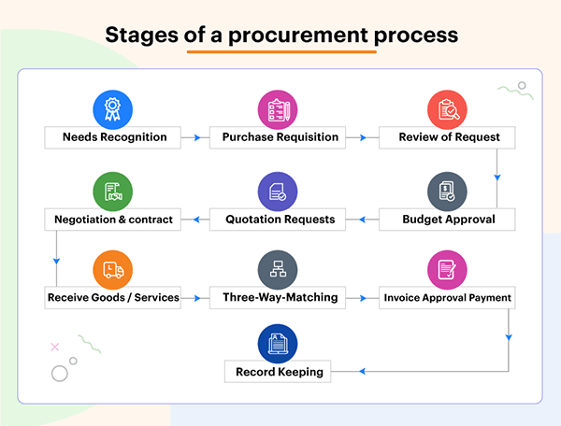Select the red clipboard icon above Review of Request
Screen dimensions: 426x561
(446, 109)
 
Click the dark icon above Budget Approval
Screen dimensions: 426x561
(446, 192)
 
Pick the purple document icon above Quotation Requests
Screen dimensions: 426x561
(277, 192)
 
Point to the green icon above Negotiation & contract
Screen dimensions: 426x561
(111, 192)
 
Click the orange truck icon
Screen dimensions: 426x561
(111, 270)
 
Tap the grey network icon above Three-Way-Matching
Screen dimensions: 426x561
(277, 270)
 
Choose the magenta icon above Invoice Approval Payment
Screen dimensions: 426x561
(446, 270)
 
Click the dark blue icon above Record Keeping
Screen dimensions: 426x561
(277, 344)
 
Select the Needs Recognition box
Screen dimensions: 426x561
(115, 137)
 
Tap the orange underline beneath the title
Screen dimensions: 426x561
(280, 51)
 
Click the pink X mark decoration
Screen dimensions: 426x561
(54, 347)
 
